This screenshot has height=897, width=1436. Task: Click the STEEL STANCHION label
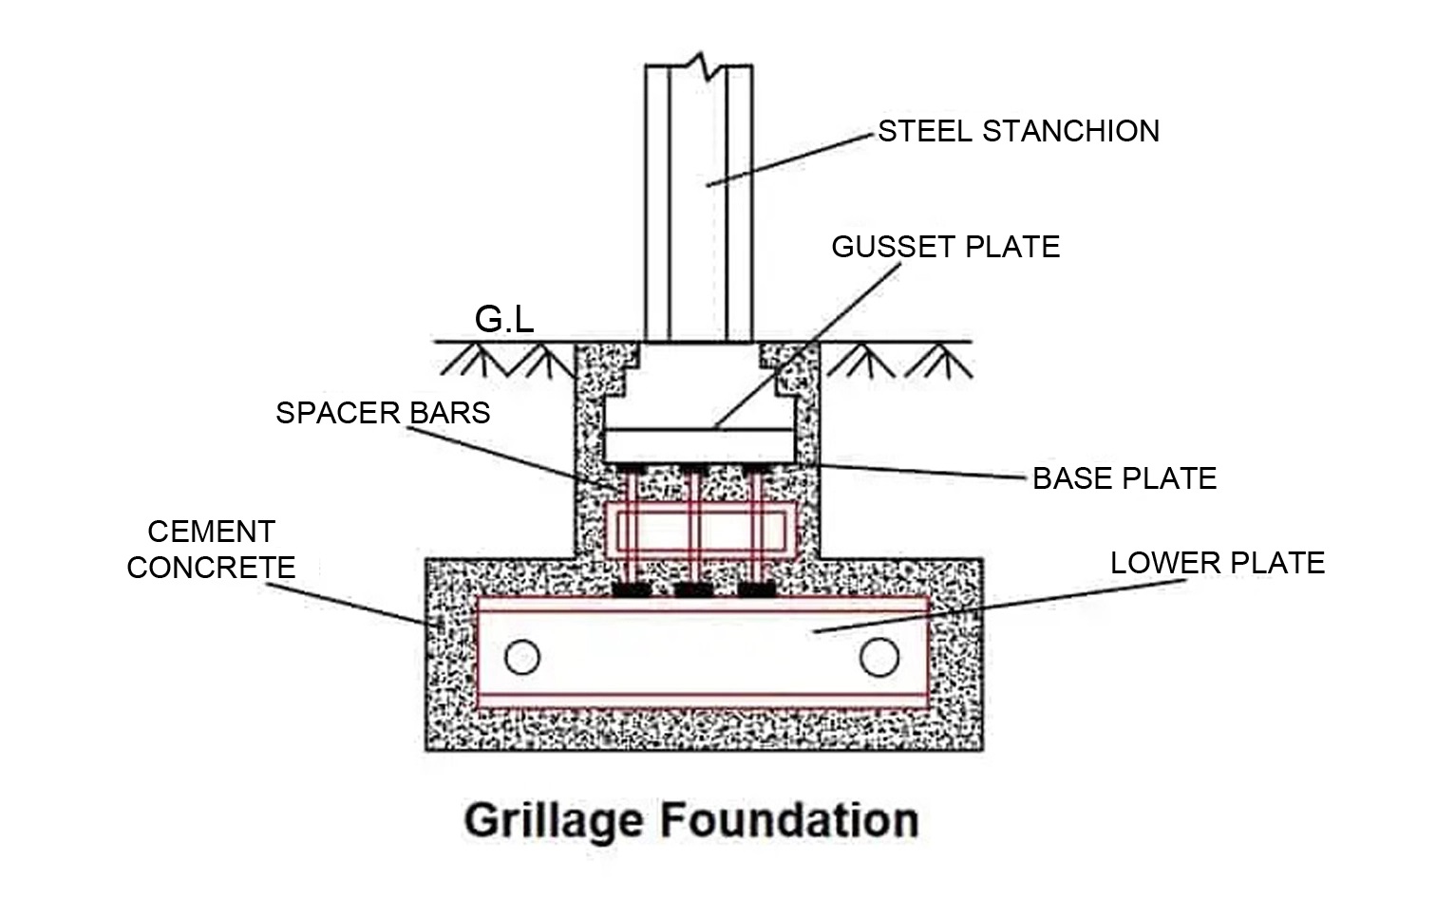pos(1018,131)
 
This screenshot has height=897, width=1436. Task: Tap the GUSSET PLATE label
pos(945,247)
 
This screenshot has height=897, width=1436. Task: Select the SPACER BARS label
pos(383,413)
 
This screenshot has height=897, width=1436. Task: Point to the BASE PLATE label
pos(1124,478)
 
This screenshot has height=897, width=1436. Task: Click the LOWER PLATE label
pos(1217,563)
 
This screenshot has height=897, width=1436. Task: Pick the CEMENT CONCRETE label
pos(211,550)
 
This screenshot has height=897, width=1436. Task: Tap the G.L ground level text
pos(503,320)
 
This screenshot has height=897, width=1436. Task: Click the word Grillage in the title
pos(549,820)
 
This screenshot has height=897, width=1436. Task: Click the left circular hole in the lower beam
pos(521,657)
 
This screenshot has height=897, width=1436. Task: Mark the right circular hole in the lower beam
pos(879,657)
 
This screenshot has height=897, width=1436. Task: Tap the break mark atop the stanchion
pos(700,65)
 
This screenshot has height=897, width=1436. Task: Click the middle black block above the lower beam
pos(692,589)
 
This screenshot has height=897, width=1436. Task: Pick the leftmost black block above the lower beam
pos(632,589)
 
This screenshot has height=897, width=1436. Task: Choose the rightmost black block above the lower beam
pos(755,589)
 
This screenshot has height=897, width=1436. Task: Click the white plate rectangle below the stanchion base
pos(700,443)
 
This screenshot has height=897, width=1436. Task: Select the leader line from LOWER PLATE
pos(997,607)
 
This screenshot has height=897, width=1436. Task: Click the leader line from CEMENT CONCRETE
pos(347,604)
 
